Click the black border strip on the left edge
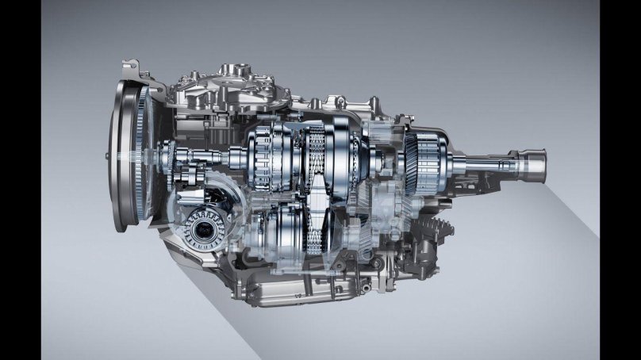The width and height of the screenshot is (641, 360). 20,180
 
